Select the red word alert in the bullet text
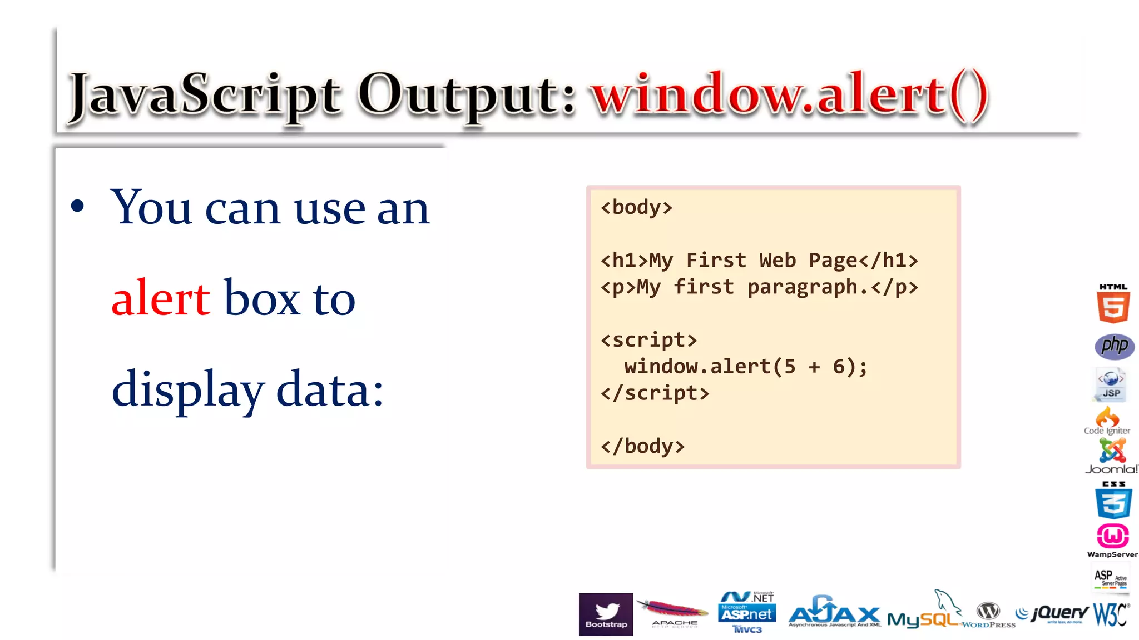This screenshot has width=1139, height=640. click(x=161, y=299)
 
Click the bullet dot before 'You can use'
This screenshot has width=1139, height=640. click(x=78, y=207)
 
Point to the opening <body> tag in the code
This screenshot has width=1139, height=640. click(x=636, y=207)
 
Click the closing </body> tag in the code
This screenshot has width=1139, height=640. click(x=642, y=446)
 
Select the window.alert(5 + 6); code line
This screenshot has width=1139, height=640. click(x=745, y=367)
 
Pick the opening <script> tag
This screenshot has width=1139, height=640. click(x=648, y=340)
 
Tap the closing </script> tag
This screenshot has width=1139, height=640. click(x=655, y=393)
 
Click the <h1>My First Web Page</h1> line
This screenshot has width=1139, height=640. click(x=759, y=261)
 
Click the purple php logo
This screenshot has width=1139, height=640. click(x=1115, y=346)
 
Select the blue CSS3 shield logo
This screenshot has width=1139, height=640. click(x=1113, y=501)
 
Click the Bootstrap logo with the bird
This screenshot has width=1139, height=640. click(x=606, y=614)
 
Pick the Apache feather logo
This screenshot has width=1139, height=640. click(x=673, y=613)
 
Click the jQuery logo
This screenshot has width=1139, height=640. click(x=1052, y=613)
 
